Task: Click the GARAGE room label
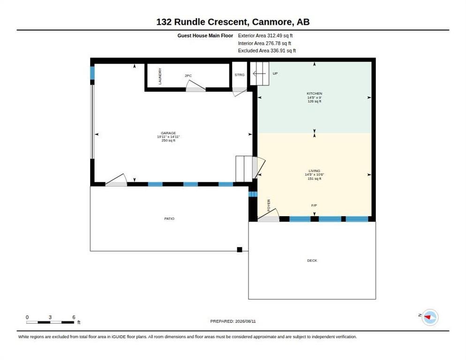pyautogui.click(x=168, y=133)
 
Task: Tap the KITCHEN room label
pyautogui.click(x=315, y=93)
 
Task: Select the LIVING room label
pyautogui.click(x=315, y=171)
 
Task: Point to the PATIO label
pyautogui.click(x=169, y=218)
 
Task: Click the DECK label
pyautogui.click(x=312, y=261)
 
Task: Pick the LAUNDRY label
pyautogui.click(x=160, y=76)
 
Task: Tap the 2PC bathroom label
pyautogui.click(x=188, y=76)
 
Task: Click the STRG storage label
pyautogui.click(x=240, y=75)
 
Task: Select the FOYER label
pyautogui.click(x=269, y=205)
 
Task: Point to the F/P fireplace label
pyautogui.click(x=314, y=205)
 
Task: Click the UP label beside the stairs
pyautogui.click(x=275, y=74)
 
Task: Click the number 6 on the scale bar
pyautogui.click(x=74, y=317)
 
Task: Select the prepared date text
pyautogui.click(x=233, y=322)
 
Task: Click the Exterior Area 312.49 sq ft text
pyautogui.click(x=265, y=36)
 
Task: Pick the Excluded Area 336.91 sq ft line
pyautogui.click(x=267, y=51)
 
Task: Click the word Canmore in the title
pyautogui.click(x=271, y=22)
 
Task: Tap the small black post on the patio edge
pyautogui.click(x=240, y=250)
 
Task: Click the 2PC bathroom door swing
pyautogui.click(x=196, y=86)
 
